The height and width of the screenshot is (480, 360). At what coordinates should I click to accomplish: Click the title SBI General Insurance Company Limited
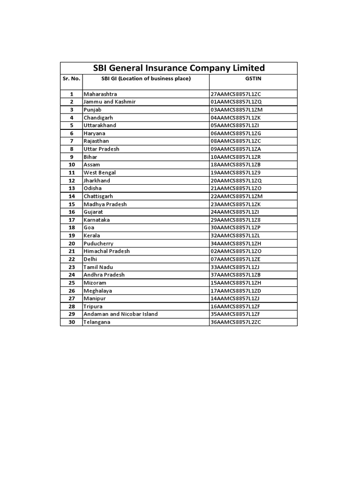click(179, 67)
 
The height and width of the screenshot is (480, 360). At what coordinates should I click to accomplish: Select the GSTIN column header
click(253, 79)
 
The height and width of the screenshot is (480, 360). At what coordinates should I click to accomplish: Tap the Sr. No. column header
click(71, 79)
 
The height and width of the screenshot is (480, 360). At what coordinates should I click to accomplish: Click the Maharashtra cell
click(100, 94)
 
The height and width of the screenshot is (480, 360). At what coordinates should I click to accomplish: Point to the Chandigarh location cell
click(98, 118)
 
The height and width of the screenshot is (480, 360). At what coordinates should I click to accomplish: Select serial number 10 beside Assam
click(72, 165)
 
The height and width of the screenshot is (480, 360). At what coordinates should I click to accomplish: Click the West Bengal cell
click(99, 172)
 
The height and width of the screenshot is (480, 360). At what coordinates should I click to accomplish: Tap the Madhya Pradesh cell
click(105, 204)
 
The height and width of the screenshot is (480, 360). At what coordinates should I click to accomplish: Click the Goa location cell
click(89, 227)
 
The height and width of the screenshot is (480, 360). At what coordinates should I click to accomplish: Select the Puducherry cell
click(98, 243)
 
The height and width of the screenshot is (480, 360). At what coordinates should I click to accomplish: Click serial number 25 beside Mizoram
click(72, 283)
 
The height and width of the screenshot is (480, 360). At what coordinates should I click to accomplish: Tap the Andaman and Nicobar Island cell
click(120, 314)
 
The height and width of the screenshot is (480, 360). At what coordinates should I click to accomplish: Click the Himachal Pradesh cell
click(106, 251)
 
